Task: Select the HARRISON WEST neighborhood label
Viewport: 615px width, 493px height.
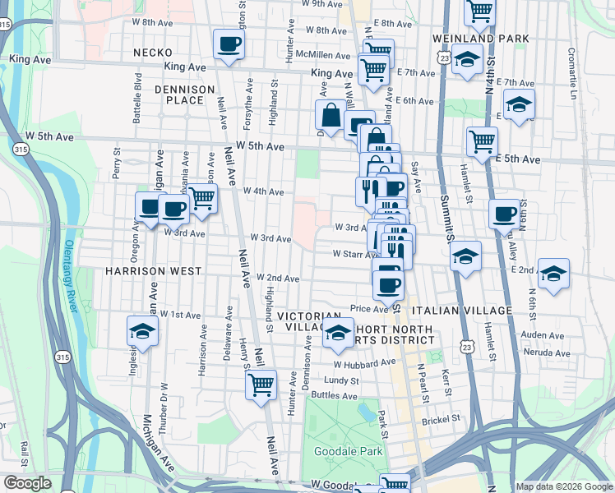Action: (x=153, y=270)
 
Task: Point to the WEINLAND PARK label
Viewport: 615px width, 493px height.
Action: (x=476, y=39)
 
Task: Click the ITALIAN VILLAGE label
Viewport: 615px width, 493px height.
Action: (x=465, y=310)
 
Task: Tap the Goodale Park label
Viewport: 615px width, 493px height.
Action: (x=348, y=451)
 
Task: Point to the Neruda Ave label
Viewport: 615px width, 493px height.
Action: (x=548, y=352)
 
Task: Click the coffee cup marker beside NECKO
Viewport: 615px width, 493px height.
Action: (x=228, y=44)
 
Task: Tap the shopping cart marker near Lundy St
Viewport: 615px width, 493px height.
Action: (x=261, y=383)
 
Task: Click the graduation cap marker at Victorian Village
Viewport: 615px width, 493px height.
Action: (x=336, y=331)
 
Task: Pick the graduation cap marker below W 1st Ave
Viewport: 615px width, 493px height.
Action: (x=142, y=331)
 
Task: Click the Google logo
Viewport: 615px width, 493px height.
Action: (x=27, y=483)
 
